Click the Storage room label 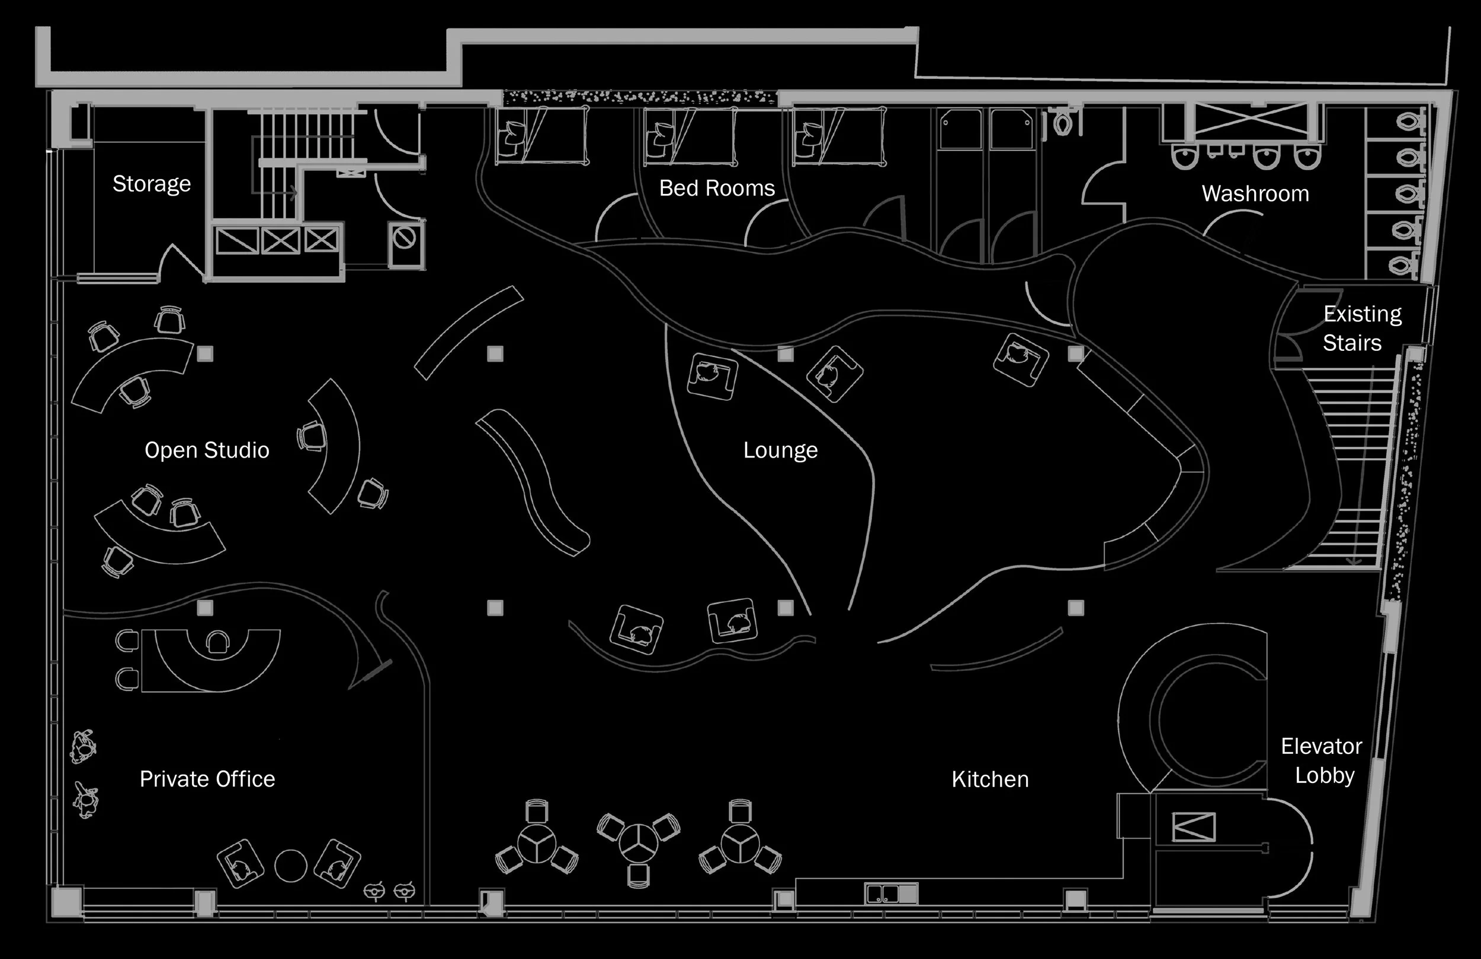click(151, 184)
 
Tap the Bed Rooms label click(717, 188)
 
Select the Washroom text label click(1255, 194)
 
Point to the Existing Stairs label click(1361, 328)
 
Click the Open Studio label click(207, 450)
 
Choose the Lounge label click(780, 450)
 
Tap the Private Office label click(207, 779)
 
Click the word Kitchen click(990, 779)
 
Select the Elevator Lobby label click(1322, 761)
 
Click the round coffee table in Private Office click(291, 865)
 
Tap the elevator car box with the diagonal click(1194, 827)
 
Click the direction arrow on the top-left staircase click(293, 193)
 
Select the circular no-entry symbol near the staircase click(405, 238)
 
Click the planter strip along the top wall click(640, 98)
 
